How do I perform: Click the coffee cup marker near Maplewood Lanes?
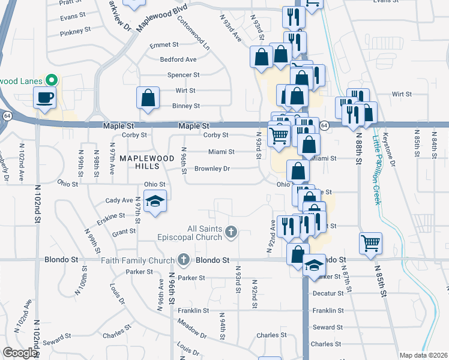pos(44,97)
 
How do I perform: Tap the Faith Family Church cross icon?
pos(184,260)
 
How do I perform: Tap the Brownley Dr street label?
pos(212,169)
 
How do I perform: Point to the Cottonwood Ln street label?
pos(193,32)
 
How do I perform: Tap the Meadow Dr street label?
pos(192,328)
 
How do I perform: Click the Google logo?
pos(20,352)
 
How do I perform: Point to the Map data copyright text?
pos(423,355)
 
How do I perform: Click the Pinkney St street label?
pos(75,29)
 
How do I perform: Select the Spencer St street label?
pos(183,75)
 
